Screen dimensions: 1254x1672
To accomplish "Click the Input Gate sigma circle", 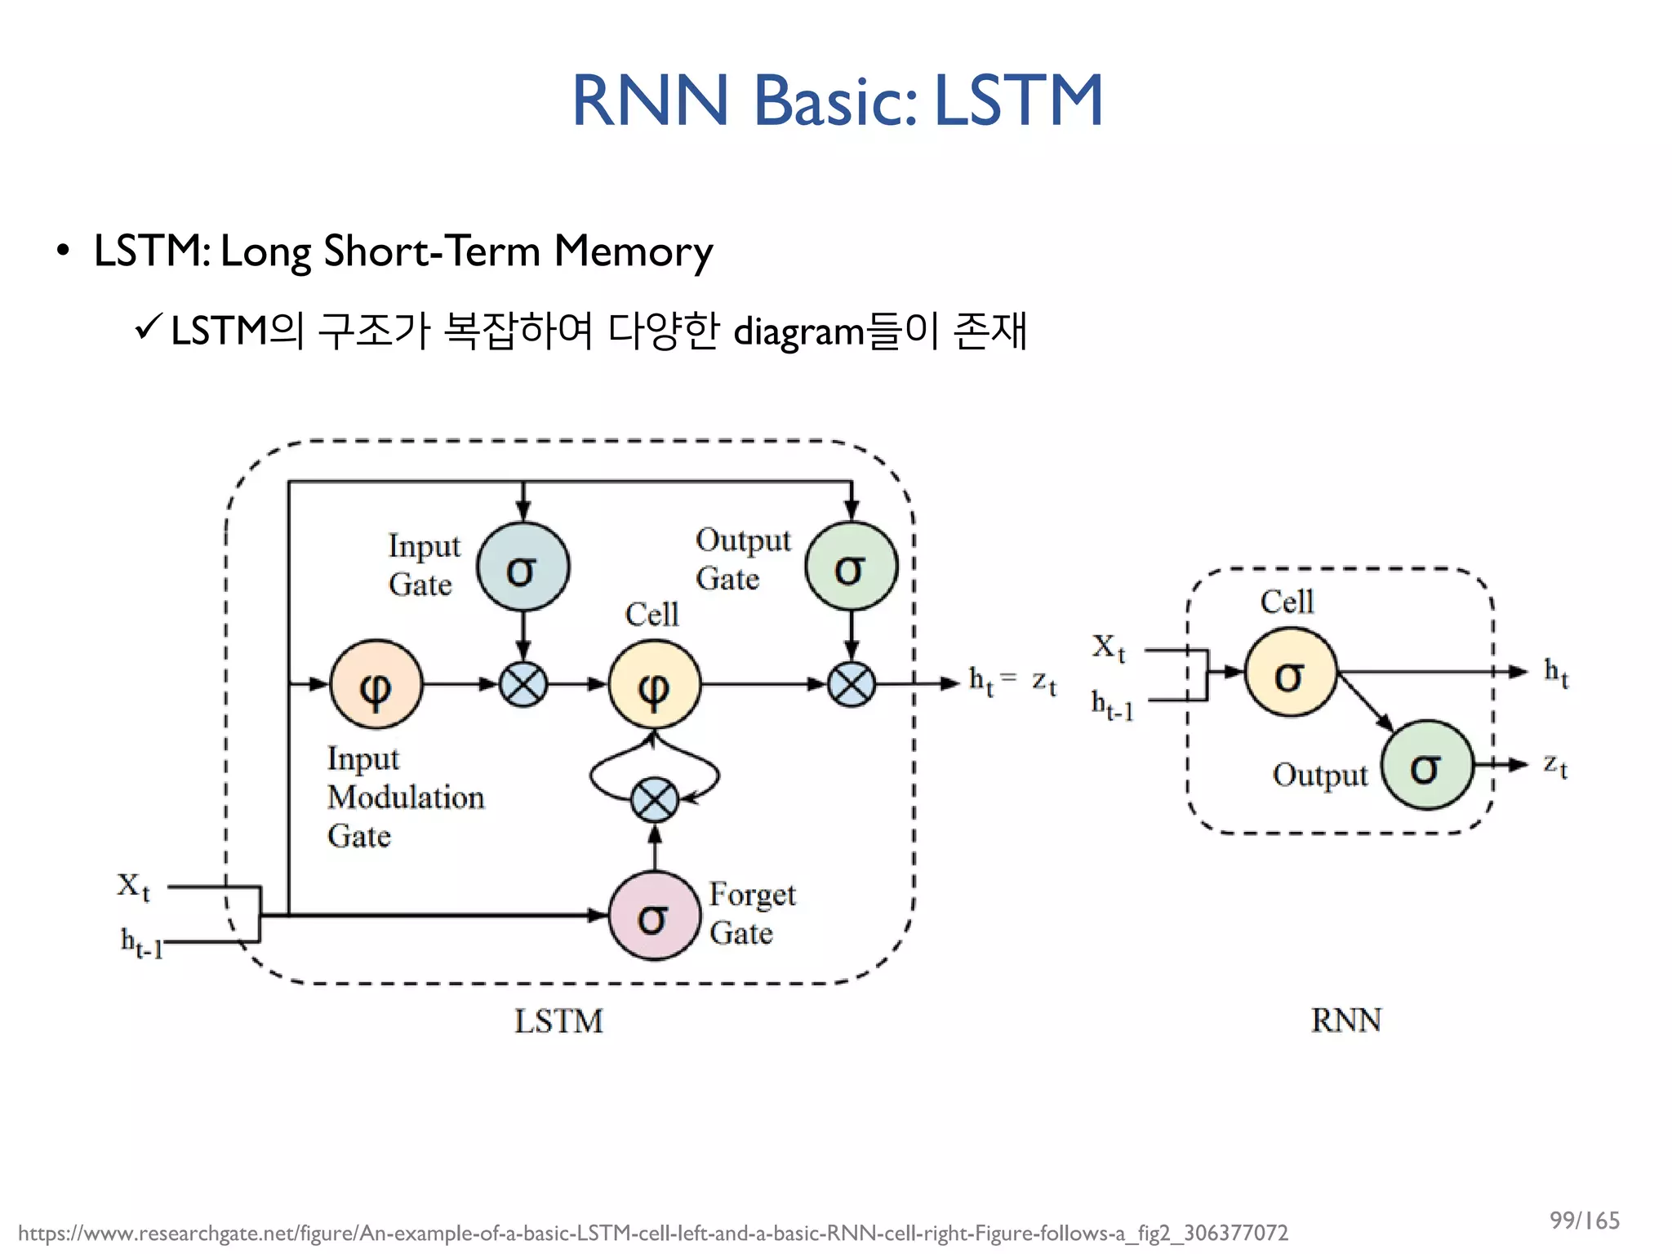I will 522,567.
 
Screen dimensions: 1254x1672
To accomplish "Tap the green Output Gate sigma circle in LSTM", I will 851,567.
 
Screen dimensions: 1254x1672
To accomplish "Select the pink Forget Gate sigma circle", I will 654,916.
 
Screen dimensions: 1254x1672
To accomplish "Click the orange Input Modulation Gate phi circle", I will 376,685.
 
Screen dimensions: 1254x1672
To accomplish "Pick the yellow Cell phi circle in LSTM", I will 654,685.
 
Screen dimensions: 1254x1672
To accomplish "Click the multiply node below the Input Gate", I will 522,684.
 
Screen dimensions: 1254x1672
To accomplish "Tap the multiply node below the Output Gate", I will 851,684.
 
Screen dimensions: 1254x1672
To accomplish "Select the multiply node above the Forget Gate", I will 654,799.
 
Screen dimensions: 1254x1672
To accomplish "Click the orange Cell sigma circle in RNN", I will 1290,673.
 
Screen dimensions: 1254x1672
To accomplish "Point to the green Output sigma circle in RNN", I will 1426,765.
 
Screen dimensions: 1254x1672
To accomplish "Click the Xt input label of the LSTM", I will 133,886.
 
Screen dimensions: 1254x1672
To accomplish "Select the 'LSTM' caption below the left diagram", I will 558,1021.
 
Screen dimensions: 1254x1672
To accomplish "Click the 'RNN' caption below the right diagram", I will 1345,1021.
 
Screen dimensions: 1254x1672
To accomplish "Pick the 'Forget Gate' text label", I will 751,913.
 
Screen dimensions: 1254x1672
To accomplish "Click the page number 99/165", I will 1584,1221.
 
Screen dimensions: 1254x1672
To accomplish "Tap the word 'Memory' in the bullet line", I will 633,251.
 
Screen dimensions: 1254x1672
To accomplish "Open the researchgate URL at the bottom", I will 652,1233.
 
